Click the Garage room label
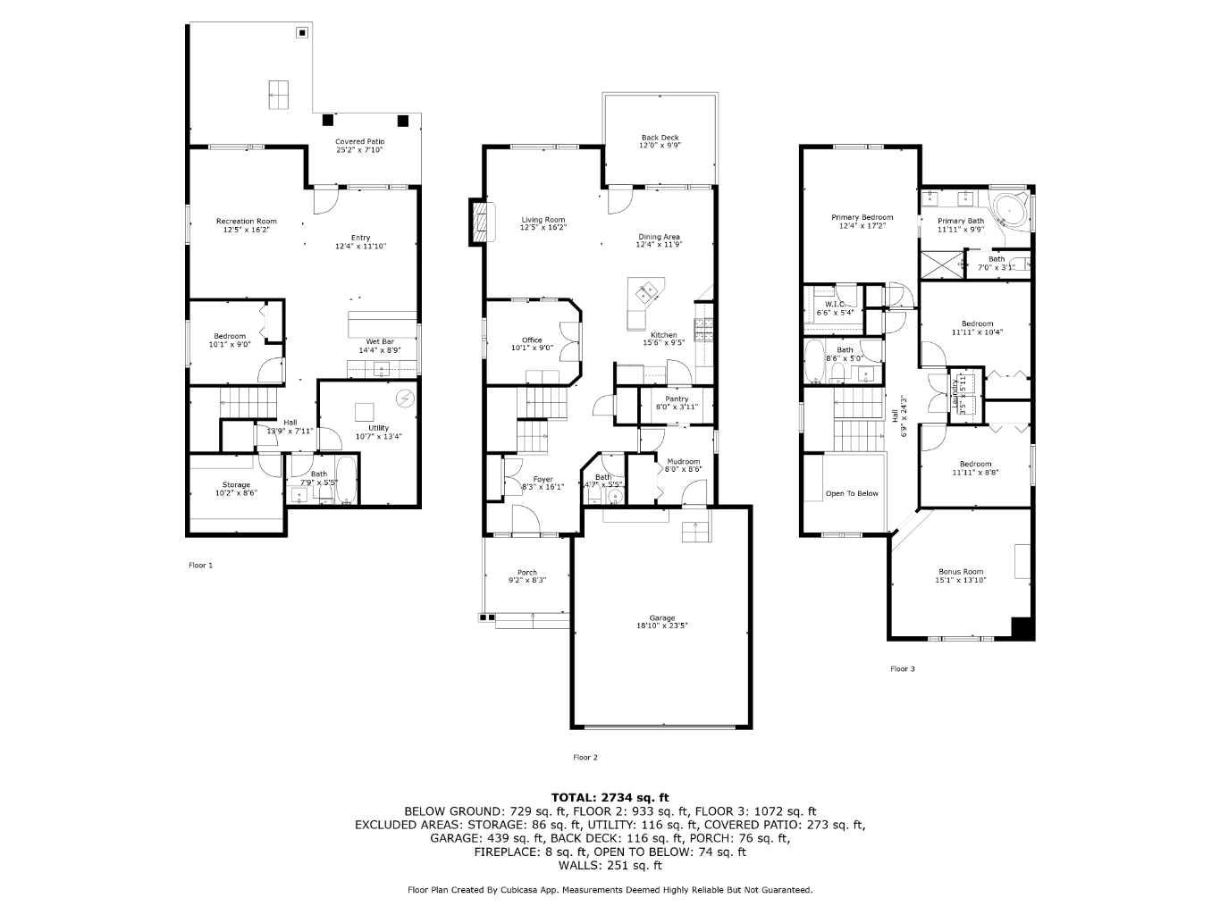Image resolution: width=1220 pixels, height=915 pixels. point(661,618)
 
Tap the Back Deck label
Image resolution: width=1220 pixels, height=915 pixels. point(660,138)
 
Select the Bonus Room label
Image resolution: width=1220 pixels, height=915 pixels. point(960,572)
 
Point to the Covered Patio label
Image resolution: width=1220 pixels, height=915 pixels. point(359,142)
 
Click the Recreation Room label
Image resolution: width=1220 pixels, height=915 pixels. point(246,222)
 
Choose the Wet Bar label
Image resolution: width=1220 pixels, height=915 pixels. point(380,342)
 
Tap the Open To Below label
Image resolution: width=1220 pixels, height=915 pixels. point(851,493)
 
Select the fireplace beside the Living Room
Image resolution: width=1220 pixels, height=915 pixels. point(481,221)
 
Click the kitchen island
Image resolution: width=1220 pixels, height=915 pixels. point(644,293)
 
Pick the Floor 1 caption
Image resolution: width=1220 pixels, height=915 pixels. point(200,565)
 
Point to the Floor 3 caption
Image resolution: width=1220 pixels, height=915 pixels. point(902,668)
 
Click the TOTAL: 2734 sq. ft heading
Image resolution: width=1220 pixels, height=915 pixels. point(610,797)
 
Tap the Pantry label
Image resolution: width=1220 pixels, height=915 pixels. point(677,399)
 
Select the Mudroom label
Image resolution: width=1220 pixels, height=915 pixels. point(683,462)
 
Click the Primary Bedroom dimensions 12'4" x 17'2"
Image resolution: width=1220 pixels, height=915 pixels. point(862,226)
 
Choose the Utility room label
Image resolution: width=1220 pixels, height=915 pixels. point(378,429)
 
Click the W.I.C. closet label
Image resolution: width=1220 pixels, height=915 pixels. point(835,305)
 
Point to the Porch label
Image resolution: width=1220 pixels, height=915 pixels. point(526,573)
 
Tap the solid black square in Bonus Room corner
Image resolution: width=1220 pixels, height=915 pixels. point(1022,628)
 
